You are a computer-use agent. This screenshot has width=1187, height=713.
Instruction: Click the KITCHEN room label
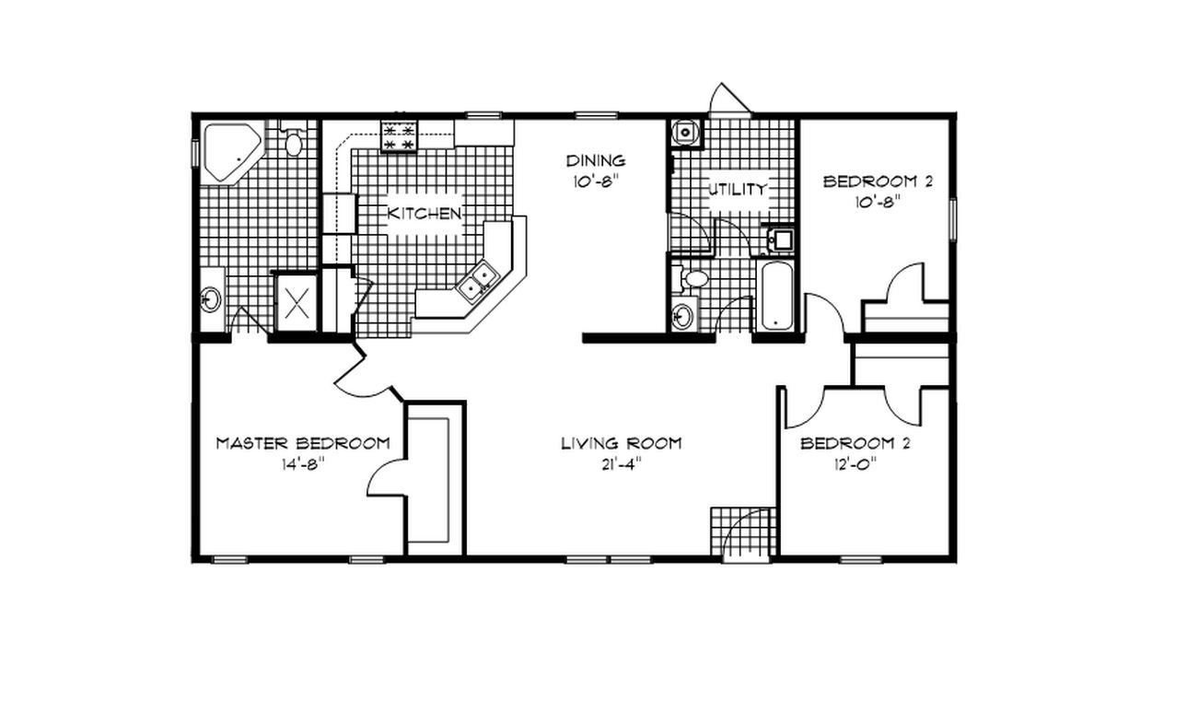[x=424, y=214]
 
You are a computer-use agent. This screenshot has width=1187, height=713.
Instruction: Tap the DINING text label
[x=595, y=161]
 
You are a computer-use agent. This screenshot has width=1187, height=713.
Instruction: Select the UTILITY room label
[x=736, y=190]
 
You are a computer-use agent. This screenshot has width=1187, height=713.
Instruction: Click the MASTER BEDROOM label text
[x=302, y=443]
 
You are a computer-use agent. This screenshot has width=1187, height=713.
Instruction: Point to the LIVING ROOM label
[x=622, y=443]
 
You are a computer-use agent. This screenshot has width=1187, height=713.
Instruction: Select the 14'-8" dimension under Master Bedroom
[x=303, y=464]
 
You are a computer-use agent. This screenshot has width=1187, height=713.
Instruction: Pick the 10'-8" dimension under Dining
[x=595, y=181]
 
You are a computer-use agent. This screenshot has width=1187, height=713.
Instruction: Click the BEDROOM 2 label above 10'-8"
[x=877, y=181]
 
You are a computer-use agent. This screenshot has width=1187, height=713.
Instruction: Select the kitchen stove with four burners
[x=400, y=137]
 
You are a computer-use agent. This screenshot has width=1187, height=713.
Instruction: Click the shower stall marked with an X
[x=296, y=302]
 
